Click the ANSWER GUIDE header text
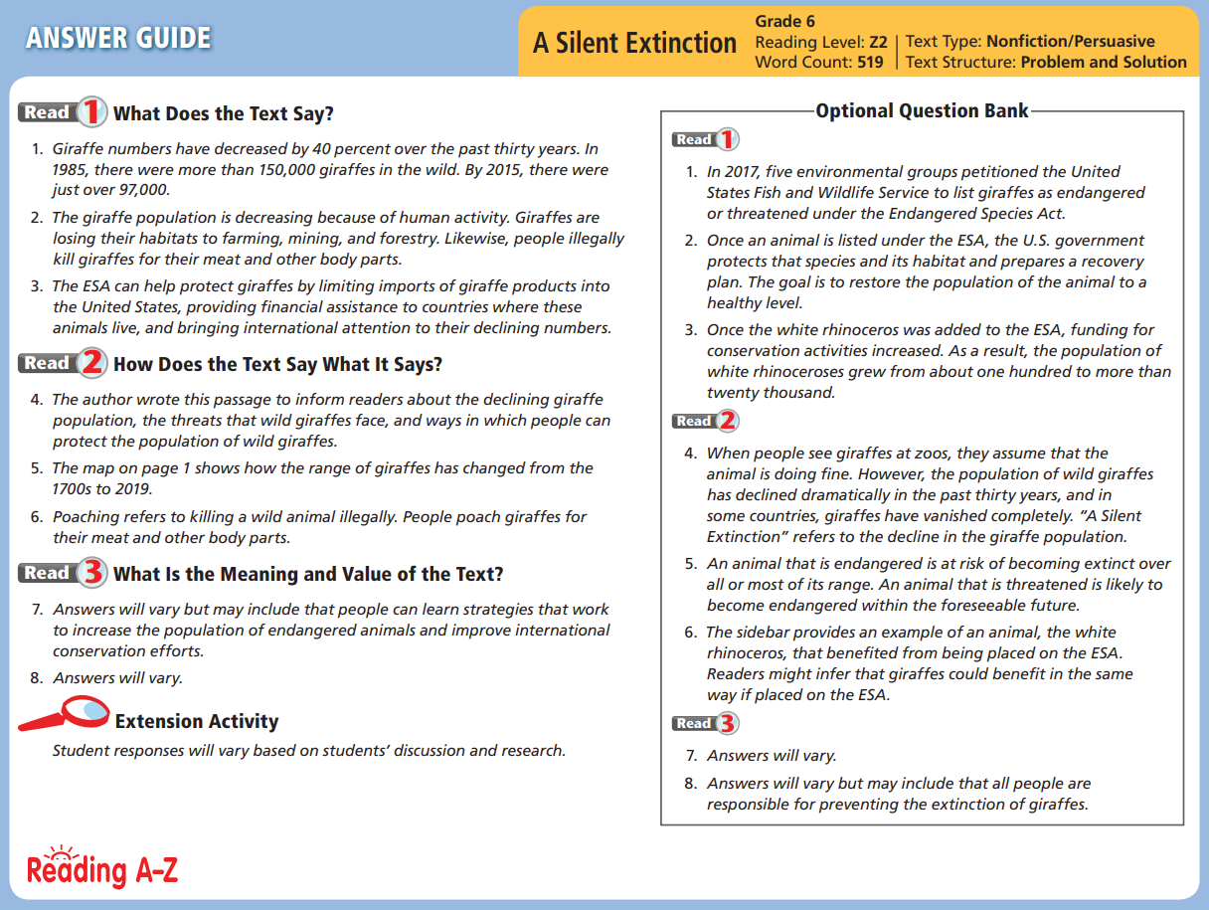(x=118, y=39)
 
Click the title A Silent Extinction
(x=634, y=44)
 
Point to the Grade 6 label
(x=785, y=21)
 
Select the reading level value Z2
(x=878, y=42)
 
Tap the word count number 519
(x=871, y=62)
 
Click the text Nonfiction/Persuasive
(x=1070, y=42)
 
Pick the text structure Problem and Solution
(x=1104, y=62)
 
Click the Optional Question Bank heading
(x=922, y=110)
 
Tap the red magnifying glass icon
(x=66, y=713)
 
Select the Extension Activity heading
(x=197, y=722)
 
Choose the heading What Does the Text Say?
(x=223, y=113)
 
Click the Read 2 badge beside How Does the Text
(x=62, y=363)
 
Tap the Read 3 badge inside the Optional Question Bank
(x=705, y=723)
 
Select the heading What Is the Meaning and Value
(x=308, y=574)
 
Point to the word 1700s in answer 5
(x=73, y=489)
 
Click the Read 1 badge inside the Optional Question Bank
(x=705, y=139)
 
